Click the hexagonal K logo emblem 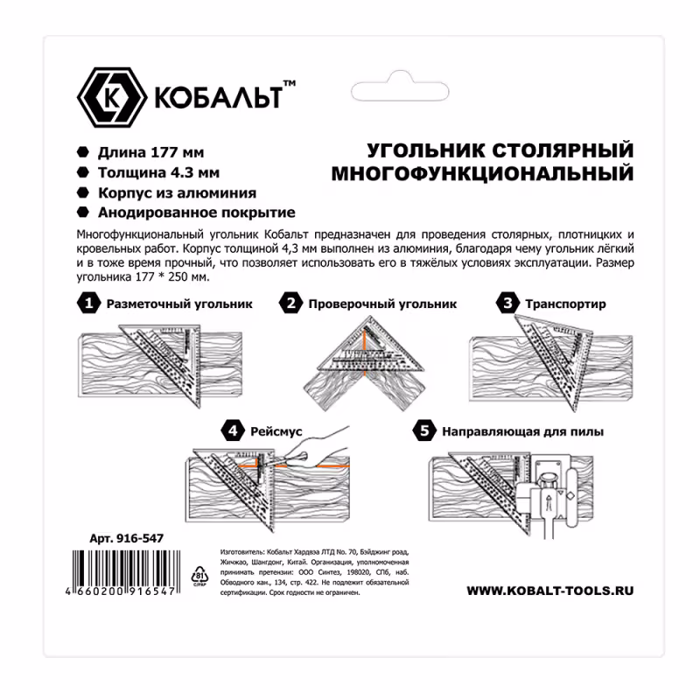[x=112, y=96]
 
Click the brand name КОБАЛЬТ [x=219, y=97]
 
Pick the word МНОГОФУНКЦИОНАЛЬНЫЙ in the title [x=482, y=174]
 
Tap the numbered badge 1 [x=88, y=304]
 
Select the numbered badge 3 [x=507, y=304]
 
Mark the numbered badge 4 [x=233, y=430]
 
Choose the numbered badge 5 [x=423, y=430]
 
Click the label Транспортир [x=565, y=304]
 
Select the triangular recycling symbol [x=198, y=575]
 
